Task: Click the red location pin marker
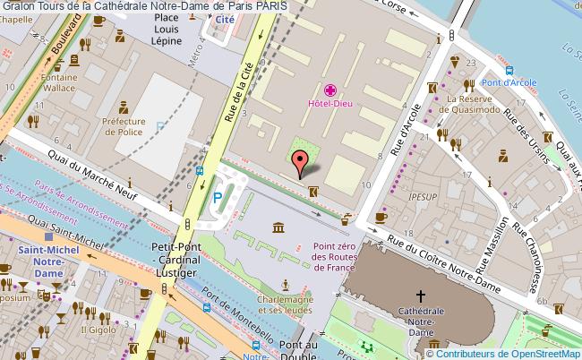(x=301, y=162)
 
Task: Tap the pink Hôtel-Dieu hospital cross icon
(x=330, y=90)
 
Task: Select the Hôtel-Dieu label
(x=330, y=104)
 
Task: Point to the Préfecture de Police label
(x=124, y=126)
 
